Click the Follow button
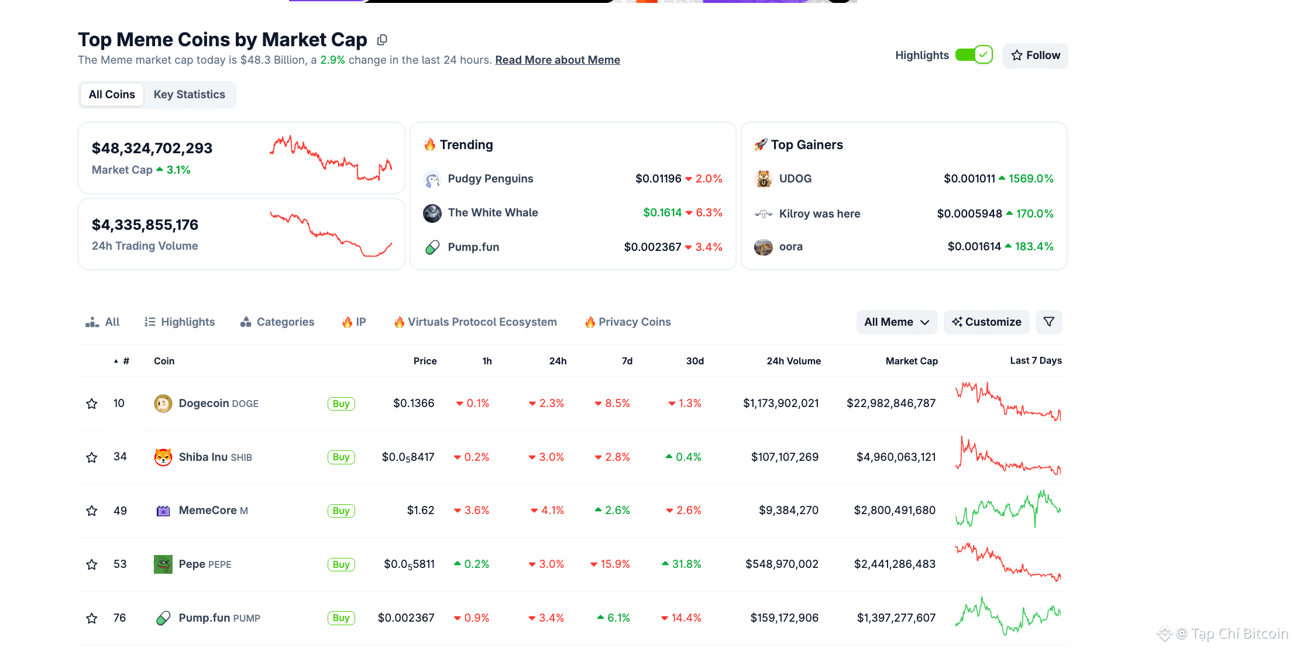pyautogui.click(x=1035, y=56)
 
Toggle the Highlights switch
pyautogui.click(x=974, y=55)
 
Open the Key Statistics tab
pyautogui.click(x=189, y=95)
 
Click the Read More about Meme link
pyautogui.click(x=558, y=60)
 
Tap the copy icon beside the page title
pyautogui.click(x=382, y=40)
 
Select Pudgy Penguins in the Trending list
pyautogui.click(x=490, y=179)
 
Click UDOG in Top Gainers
pyautogui.click(x=795, y=179)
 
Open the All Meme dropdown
pyautogui.click(x=896, y=322)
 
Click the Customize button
pyautogui.click(x=986, y=322)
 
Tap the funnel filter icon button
pyautogui.click(x=1048, y=322)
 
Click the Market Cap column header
pyautogui.click(x=912, y=361)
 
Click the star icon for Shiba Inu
pyautogui.click(x=92, y=457)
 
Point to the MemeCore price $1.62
pyautogui.click(x=421, y=511)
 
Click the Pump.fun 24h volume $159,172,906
pyautogui.click(x=784, y=618)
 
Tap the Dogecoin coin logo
pyautogui.click(x=163, y=404)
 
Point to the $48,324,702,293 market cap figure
pyautogui.click(x=152, y=149)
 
